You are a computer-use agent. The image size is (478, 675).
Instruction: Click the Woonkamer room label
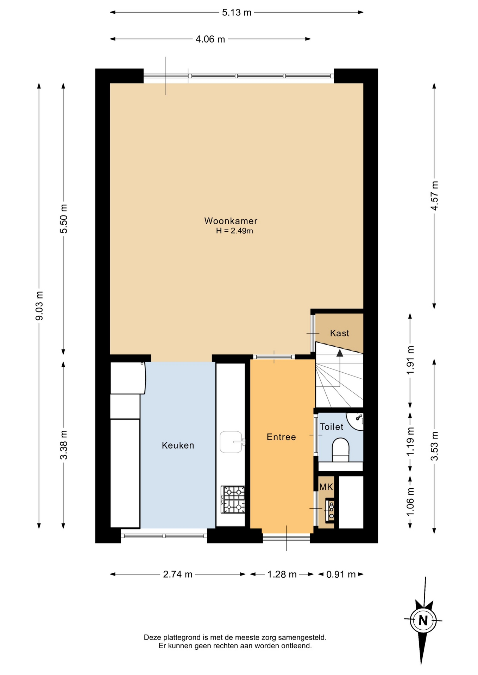[x=231, y=221]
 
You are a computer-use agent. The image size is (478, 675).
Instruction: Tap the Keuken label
[x=178, y=445]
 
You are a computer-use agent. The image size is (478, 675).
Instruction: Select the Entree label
[x=281, y=437]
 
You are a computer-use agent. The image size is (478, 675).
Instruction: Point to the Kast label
[x=340, y=333]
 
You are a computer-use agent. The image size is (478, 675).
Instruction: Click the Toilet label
[x=332, y=427]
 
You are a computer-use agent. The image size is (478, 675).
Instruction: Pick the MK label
[x=326, y=487]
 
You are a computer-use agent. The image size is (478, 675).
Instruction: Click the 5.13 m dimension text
[x=237, y=13]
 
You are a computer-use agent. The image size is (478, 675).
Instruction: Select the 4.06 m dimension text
[x=210, y=39]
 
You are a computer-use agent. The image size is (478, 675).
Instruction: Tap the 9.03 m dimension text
[x=39, y=306]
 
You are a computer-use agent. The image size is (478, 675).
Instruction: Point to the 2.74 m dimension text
[x=178, y=574]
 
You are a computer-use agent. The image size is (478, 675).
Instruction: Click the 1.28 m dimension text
[x=282, y=574]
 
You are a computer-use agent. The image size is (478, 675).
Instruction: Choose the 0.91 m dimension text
[x=341, y=574]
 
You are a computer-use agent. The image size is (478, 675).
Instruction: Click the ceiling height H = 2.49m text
[x=234, y=231]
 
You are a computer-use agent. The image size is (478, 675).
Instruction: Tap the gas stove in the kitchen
[x=233, y=500]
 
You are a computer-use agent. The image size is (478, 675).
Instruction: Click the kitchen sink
[x=232, y=442]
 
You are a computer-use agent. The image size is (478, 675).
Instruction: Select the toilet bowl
[x=340, y=450]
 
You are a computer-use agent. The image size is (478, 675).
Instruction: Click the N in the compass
[x=423, y=621]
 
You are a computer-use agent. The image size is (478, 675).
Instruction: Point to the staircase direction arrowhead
[x=340, y=353]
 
